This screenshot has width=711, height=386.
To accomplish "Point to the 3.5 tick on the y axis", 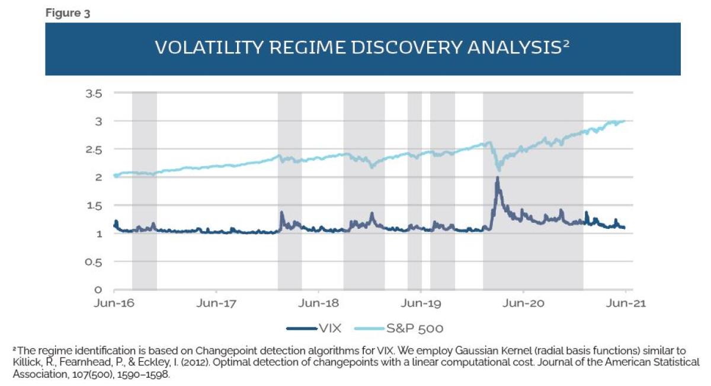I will tap(94, 93).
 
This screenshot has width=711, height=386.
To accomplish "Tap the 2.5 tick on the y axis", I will tap(94, 149).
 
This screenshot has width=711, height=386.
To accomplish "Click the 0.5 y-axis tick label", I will tap(94, 261).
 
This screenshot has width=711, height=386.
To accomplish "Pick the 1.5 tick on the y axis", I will tap(94, 206).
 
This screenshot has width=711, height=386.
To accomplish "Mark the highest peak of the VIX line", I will tap(497, 177).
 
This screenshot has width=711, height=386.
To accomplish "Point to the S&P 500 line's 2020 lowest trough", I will tap(498, 170).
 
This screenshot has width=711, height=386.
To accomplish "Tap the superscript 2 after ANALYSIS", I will tap(566, 44).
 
